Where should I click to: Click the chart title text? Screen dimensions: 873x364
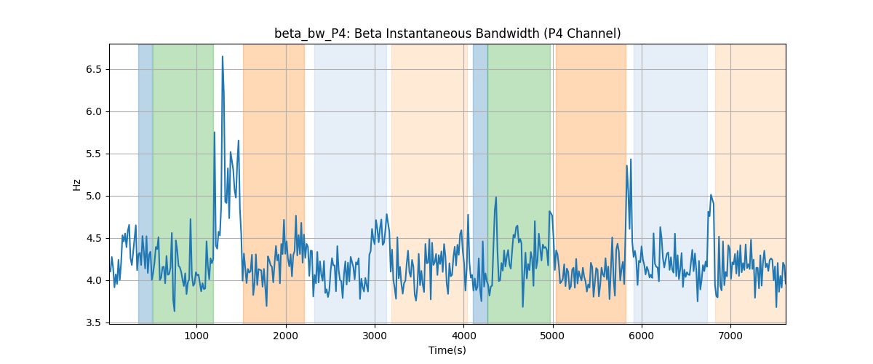click(x=447, y=33)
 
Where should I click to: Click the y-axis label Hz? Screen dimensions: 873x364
click(x=76, y=185)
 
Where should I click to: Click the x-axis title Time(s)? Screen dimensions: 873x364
click(x=447, y=350)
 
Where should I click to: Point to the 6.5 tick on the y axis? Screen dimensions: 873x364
click(x=94, y=69)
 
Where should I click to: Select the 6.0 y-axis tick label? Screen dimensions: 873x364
click(x=94, y=111)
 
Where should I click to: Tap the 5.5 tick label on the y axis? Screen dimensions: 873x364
click(x=94, y=154)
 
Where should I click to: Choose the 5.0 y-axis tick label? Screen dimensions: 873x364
click(x=94, y=196)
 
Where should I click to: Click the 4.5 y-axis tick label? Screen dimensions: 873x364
click(x=94, y=238)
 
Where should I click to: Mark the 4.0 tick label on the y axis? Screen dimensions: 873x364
click(x=94, y=280)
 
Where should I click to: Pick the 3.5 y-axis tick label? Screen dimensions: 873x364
click(x=94, y=323)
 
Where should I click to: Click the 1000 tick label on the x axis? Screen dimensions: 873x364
click(x=196, y=336)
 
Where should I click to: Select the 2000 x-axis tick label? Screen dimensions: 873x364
click(x=286, y=336)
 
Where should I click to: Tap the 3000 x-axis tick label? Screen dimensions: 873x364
click(x=375, y=336)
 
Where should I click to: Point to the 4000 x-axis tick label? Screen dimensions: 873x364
click(x=464, y=336)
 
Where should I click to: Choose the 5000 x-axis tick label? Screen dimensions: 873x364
click(x=553, y=336)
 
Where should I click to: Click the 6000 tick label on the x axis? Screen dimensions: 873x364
click(x=642, y=336)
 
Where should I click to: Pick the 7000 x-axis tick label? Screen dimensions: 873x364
click(x=730, y=336)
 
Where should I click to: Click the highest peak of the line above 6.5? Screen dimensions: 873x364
click(x=223, y=57)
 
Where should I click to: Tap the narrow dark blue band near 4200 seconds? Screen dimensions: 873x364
click(x=480, y=183)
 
